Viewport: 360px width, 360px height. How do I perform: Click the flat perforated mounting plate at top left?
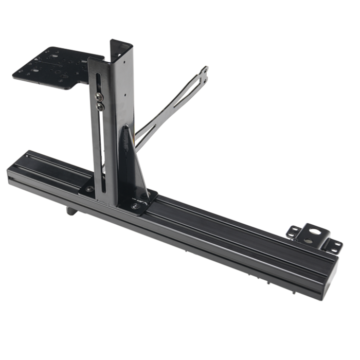point(51,67)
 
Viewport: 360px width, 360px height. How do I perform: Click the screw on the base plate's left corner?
point(90,189)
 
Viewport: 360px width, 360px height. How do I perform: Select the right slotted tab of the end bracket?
point(333,246)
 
